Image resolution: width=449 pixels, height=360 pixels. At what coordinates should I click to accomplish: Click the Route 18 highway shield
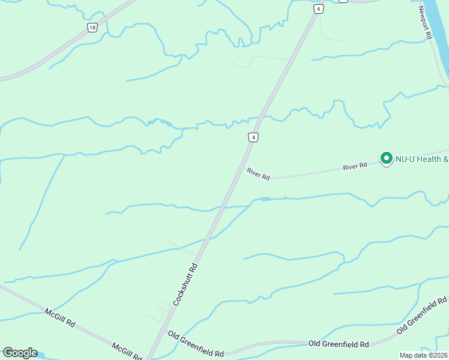click(92, 28)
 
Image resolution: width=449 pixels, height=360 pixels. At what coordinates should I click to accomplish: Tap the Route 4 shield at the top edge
click(318, 8)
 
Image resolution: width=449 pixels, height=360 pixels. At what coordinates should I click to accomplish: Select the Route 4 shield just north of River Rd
click(254, 137)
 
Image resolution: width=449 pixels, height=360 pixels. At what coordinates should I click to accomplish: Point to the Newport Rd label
click(426, 23)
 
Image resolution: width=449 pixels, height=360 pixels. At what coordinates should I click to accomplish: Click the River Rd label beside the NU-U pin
click(355, 166)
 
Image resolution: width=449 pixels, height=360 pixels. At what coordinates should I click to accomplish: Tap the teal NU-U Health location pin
click(385, 159)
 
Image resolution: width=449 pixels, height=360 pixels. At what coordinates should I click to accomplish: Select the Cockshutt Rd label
click(185, 284)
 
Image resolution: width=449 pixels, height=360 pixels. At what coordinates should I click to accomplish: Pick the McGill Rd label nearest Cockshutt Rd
click(126, 350)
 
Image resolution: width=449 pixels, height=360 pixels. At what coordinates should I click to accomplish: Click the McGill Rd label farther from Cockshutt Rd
click(60, 317)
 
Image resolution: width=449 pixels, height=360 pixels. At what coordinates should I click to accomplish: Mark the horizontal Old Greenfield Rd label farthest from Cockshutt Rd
click(339, 344)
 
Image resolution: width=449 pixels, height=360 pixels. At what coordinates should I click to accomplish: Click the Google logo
click(20, 353)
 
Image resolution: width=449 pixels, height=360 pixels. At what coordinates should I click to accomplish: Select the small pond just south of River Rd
click(265, 199)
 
